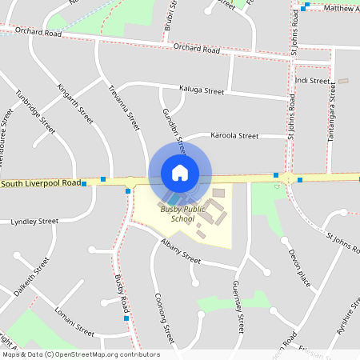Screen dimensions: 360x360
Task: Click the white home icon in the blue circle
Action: [x=180, y=172]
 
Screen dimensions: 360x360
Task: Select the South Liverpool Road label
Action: [x=42, y=183]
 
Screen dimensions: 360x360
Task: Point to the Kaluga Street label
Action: [x=202, y=91]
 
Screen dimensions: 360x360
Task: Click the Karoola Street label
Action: [x=234, y=136]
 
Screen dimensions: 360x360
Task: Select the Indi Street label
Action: [x=312, y=81]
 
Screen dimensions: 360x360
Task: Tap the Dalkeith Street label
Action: [x=31, y=277]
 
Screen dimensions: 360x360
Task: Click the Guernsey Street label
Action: [x=238, y=306]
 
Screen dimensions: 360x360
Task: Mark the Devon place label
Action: [x=299, y=268]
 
